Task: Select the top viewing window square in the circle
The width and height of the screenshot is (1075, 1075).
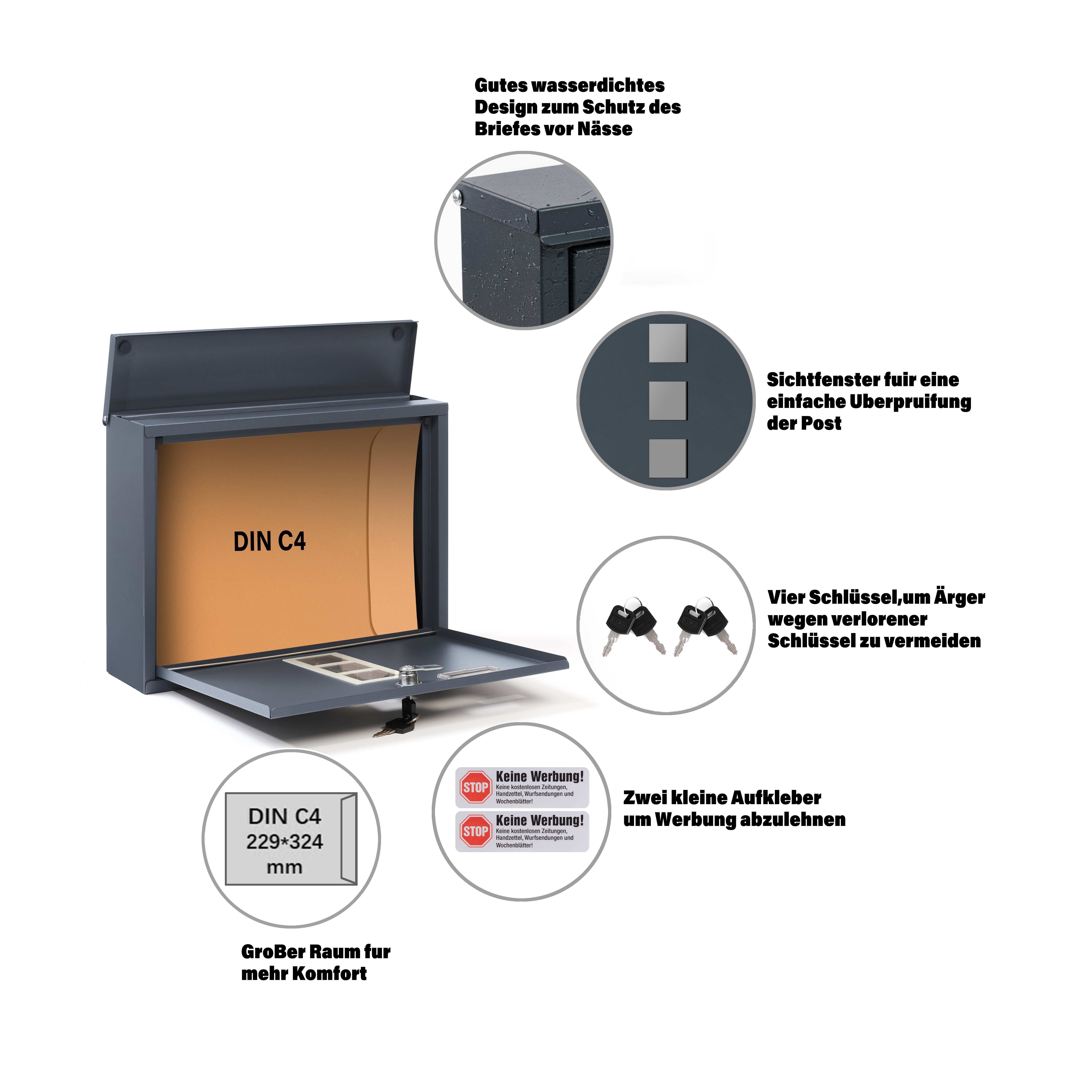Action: (x=668, y=343)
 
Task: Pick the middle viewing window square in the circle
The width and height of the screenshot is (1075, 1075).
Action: (x=668, y=401)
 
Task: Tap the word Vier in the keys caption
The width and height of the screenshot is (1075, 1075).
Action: (x=786, y=597)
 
